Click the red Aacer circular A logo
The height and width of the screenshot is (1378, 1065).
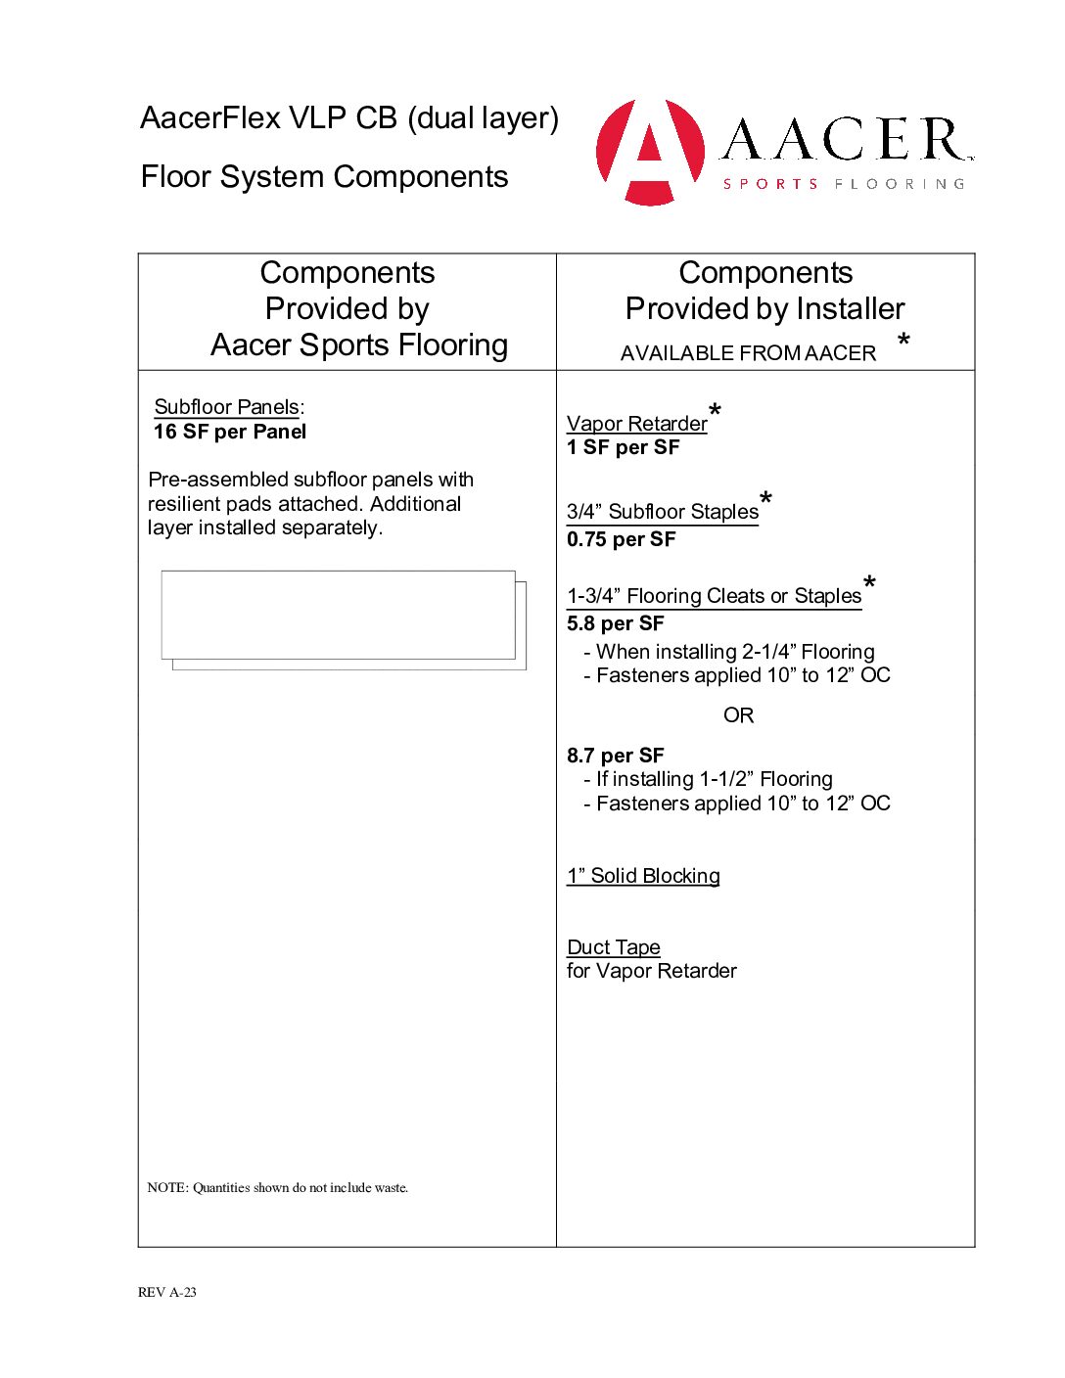[650, 152]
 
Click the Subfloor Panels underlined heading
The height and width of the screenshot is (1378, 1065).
[226, 407]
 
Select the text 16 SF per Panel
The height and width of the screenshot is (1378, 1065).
[230, 432]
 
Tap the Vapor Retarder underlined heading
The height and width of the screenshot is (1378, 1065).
[636, 424]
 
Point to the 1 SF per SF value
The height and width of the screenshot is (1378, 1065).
[623, 447]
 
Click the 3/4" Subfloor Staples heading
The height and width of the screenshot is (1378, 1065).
[663, 512]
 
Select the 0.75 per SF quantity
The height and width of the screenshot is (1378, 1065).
[621, 539]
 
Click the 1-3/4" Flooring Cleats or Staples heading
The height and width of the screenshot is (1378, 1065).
[714, 596]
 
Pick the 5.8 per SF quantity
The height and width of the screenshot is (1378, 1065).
[615, 623]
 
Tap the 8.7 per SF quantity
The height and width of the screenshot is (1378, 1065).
[615, 756]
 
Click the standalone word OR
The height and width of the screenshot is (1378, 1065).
[738, 715]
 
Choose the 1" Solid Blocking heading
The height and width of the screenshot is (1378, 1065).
[643, 876]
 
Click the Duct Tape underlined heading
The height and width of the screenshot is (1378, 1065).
[614, 947]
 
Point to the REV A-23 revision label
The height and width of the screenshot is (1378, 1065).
[167, 1292]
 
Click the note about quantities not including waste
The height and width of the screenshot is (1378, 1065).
[278, 1188]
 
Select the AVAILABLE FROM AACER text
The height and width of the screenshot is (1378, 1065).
[748, 353]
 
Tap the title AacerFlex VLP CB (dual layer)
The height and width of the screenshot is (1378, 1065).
[349, 118]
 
